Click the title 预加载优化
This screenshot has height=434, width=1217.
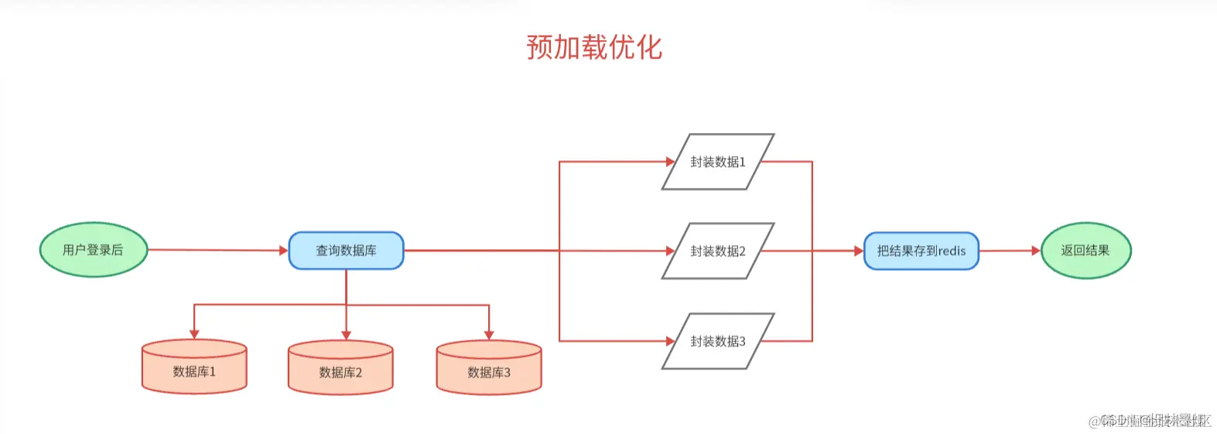coord(594,47)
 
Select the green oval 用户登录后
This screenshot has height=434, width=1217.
coord(94,250)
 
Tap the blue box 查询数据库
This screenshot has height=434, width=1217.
coord(346,251)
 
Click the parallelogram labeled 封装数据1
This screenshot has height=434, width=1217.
coord(718,162)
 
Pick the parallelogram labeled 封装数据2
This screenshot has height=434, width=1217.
coord(718,251)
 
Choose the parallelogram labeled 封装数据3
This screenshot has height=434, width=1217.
coord(718,341)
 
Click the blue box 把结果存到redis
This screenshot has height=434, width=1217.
coord(921,251)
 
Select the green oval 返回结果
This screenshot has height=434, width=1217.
coord(1085,250)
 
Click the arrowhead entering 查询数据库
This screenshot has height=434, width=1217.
coord(283,251)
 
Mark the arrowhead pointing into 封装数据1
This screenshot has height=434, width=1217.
coord(670,162)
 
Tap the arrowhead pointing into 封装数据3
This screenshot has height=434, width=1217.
coord(670,341)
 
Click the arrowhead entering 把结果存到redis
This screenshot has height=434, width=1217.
coord(858,251)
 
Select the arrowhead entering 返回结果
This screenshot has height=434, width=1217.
coord(1036,251)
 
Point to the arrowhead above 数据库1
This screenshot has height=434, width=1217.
coord(194,334)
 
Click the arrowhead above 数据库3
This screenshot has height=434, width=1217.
coord(489,334)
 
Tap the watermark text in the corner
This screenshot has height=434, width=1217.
coord(1150,421)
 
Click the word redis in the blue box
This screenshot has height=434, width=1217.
coord(952,251)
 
